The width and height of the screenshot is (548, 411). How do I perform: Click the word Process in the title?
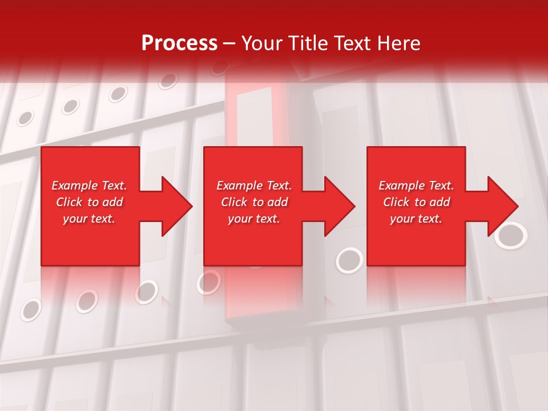tap(179, 43)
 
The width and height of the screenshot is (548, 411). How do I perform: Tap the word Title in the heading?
tap(308, 43)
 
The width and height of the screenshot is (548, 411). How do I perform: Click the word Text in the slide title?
tap(353, 43)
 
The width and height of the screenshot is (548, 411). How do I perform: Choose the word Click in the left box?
tap(69, 202)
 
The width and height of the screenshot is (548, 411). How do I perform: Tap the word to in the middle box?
tap(258, 202)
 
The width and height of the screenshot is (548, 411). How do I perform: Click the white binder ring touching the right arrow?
tap(511, 236)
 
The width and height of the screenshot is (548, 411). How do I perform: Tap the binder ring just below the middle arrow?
tap(349, 260)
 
